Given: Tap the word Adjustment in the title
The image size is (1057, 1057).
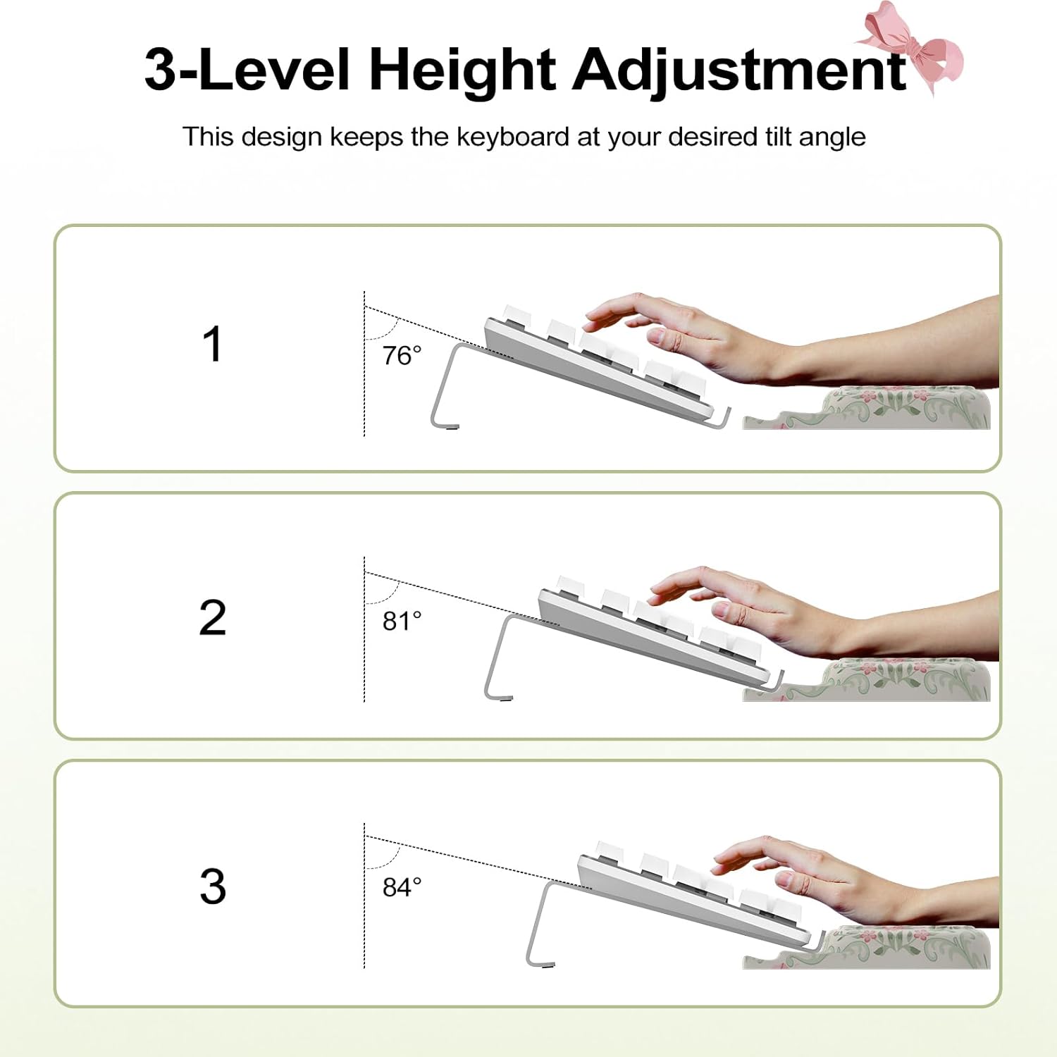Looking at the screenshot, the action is (x=739, y=70).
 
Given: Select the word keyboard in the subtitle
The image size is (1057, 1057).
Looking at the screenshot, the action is (x=512, y=137).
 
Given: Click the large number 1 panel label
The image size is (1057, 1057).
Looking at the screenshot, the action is (x=212, y=344).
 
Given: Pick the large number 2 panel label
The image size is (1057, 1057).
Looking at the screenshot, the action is (x=212, y=617).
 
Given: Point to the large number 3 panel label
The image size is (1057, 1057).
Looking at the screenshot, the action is (x=212, y=886).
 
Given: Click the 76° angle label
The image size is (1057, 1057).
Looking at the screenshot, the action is (x=402, y=355).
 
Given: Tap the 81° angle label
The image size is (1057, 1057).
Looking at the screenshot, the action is (x=402, y=621).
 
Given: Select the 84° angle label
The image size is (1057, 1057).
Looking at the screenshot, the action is (x=402, y=886).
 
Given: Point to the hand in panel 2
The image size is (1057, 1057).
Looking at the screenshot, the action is (x=810, y=613).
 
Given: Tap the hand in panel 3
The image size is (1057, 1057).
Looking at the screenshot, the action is (x=846, y=881).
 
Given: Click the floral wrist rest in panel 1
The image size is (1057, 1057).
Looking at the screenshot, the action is (x=874, y=409).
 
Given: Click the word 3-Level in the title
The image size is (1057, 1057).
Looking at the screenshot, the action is (x=247, y=70).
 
